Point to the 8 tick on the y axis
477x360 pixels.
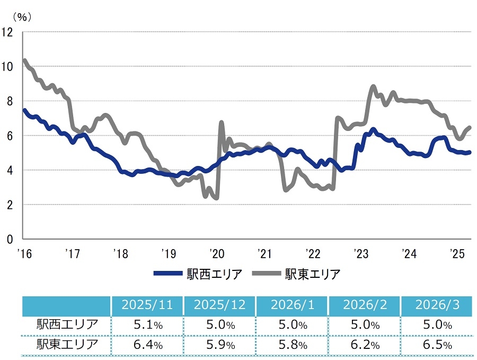[x=10, y=101]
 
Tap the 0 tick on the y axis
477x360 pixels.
[x=10, y=239]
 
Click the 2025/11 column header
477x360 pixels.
[x=147, y=306]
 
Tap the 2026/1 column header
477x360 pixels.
[x=292, y=306]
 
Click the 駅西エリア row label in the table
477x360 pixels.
[x=67, y=324]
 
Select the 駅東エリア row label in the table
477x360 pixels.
[x=67, y=345]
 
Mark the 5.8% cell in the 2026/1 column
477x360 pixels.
[x=292, y=345]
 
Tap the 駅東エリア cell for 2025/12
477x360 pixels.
[x=219, y=345]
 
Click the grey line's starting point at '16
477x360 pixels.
[x=24, y=60]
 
